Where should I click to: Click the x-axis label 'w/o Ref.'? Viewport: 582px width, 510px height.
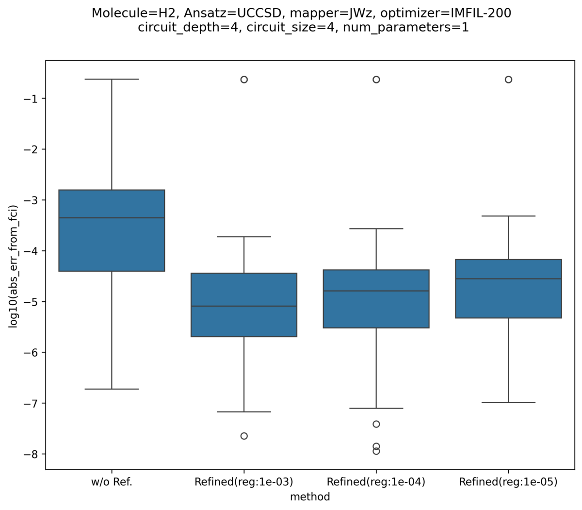(112, 482)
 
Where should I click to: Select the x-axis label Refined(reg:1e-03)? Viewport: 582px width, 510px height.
(244, 482)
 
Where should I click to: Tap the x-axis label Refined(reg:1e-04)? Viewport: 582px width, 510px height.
(376, 482)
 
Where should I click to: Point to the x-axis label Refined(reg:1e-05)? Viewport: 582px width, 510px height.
(508, 482)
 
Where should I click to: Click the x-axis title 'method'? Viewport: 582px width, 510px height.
(310, 496)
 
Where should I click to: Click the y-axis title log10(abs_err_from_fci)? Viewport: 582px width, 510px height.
(13, 266)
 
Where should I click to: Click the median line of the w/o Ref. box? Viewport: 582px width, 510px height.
(112, 218)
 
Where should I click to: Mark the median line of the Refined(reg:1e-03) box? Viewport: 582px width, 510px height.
(244, 306)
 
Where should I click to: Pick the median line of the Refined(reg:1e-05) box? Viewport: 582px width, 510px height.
(508, 279)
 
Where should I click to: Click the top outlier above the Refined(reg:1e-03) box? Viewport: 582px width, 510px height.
(244, 80)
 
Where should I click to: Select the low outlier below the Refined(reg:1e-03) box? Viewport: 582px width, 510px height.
(244, 436)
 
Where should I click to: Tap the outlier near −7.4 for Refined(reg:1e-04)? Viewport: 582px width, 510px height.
(376, 424)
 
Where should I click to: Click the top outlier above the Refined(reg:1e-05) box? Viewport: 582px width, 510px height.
(508, 80)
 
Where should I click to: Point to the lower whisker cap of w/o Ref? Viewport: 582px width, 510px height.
(112, 389)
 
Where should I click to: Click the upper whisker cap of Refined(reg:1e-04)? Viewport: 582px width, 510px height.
(376, 229)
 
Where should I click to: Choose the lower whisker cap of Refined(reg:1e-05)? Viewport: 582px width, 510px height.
(508, 402)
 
